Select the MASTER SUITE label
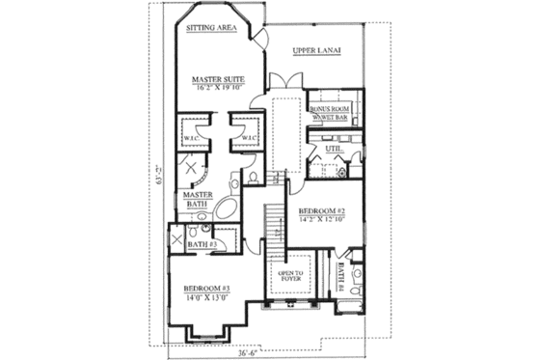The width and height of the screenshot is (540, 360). [x=216, y=79]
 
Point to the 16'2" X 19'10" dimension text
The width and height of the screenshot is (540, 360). [x=216, y=88]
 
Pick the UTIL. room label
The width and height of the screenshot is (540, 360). [x=334, y=149]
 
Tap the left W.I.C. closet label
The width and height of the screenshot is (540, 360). [x=191, y=138]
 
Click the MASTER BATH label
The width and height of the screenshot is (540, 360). [x=198, y=200]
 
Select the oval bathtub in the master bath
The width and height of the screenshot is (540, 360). [x=229, y=210]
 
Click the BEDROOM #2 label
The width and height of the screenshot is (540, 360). [x=321, y=209]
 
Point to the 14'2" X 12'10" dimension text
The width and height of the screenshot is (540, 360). [x=321, y=219]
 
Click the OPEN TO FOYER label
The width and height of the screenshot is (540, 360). [x=290, y=277]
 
